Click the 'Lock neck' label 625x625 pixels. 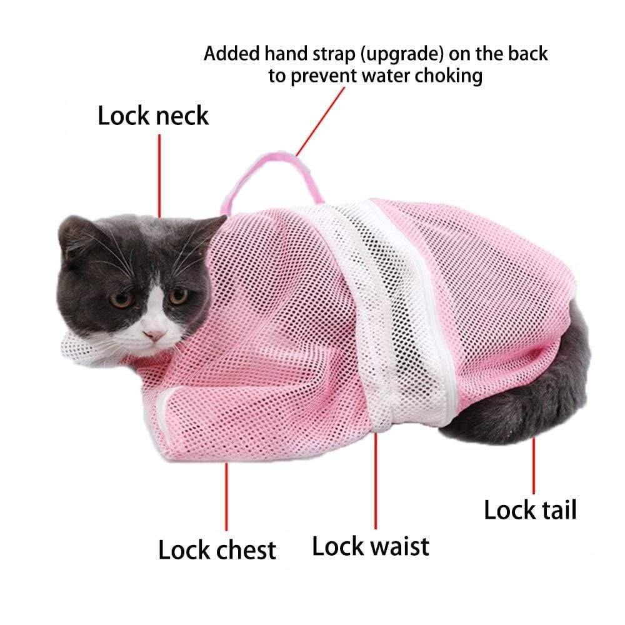click(153, 116)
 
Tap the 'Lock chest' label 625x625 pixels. click(217, 551)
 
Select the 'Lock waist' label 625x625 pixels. click(371, 546)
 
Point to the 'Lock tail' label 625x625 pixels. click(530, 510)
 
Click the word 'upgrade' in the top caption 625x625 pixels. click(400, 54)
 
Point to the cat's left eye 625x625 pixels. click(177, 295)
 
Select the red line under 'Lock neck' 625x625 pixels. click(159, 175)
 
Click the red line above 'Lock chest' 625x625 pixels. click(226, 494)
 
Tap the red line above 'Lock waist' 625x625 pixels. click(376, 481)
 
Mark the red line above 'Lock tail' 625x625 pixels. click(534, 466)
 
